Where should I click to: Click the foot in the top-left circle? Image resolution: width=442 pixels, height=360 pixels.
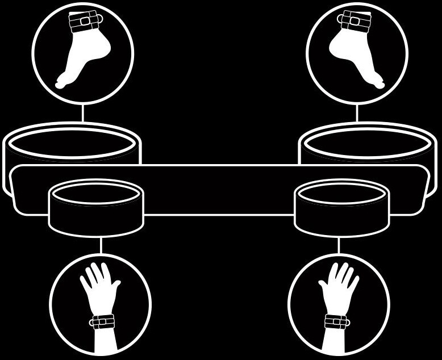pos(80,54)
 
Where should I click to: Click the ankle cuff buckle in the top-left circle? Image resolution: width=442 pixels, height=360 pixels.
pos(84,21)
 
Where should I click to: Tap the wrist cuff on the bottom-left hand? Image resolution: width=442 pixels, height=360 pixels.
pos(102,321)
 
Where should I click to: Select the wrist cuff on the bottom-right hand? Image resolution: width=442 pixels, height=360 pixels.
pos(337,321)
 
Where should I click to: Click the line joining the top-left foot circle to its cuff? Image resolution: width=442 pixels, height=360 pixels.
pos(82,114)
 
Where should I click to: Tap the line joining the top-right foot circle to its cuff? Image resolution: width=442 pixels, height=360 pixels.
pos(357,114)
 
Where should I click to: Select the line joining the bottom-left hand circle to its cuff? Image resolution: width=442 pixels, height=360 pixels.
pos(101,245)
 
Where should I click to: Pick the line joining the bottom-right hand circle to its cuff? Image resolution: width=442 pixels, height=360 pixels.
pos(339,245)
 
